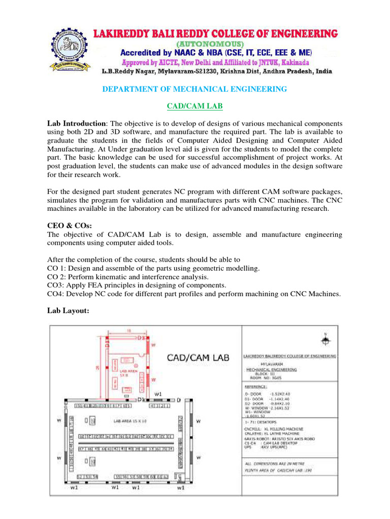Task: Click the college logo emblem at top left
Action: [66, 50]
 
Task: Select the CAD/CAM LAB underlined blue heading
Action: [195, 106]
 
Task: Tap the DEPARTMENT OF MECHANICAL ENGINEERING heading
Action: [194, 89]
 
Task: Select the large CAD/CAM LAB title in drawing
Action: [199, 358]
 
